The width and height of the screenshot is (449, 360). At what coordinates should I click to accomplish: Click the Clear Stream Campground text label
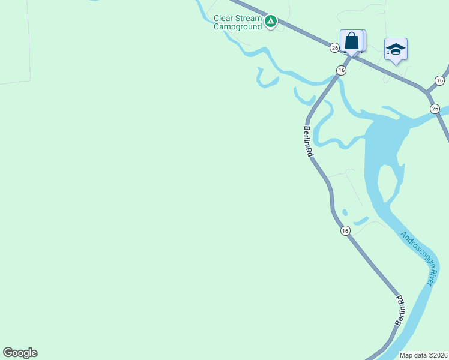click(x=238, y=23)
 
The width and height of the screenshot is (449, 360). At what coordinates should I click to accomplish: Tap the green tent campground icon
click(x=271, y=22)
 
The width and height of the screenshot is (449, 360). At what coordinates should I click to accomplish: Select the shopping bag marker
click(x=352, y=41)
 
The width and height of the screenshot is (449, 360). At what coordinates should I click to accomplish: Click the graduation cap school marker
click(x=396, y=49)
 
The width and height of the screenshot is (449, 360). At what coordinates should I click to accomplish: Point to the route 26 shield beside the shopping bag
click(x=334, y=47)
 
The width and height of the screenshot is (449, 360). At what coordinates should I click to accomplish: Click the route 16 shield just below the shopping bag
click(x=341, y=70)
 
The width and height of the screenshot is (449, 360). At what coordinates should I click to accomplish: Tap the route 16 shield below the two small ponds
click(x=345, y=230)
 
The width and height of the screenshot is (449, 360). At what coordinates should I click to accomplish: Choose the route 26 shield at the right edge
click(x=435, y=108)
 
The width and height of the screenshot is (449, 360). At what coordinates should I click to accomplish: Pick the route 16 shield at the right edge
click(x=440, y=80)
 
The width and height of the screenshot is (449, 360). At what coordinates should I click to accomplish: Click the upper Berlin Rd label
click(x=308, y=142)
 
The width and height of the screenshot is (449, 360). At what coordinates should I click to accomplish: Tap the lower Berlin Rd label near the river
click(x=400, y=310)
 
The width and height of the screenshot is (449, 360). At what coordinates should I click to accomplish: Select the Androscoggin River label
click(x=418, y=258)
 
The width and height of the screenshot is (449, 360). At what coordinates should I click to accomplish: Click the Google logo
click(x=20, y=353)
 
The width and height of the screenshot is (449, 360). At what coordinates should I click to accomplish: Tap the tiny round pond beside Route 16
click(x=345, y=211)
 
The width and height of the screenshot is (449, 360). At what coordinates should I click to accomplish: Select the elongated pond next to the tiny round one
click(x=360, y=221)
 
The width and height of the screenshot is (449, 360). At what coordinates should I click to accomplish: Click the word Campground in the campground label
click(x=238, y=26)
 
